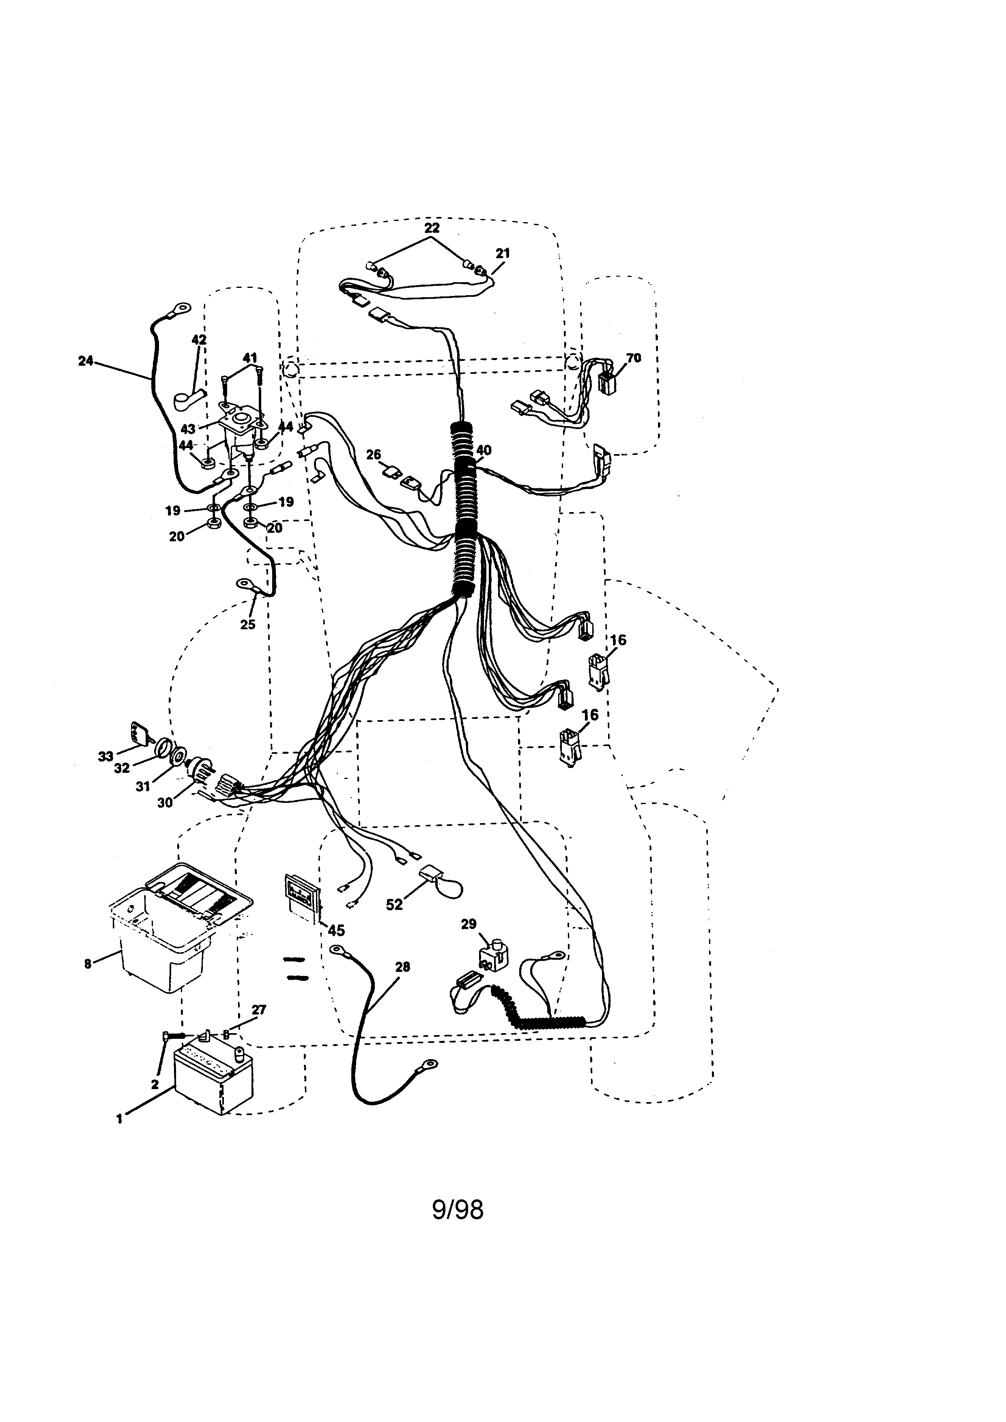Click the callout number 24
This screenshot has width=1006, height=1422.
pos(86,361)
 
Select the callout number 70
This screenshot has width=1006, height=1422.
pos(634,358)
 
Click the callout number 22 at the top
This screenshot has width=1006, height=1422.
pos(432,227)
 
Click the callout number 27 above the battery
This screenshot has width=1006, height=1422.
pos(258,1010)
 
